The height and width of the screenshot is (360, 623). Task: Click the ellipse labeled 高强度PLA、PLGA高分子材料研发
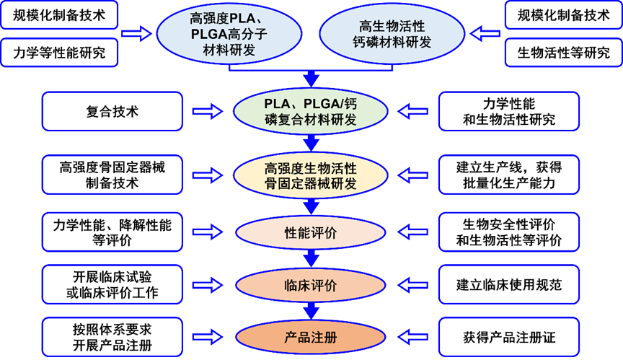point(229,34)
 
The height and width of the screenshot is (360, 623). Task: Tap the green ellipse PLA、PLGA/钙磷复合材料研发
point(311,112)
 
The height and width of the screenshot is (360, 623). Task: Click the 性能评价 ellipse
point(311,233)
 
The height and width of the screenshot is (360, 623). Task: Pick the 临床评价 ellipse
point(311,285)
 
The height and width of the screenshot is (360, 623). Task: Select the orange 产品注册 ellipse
point(311,335)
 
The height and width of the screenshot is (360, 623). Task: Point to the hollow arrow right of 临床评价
point(414,285)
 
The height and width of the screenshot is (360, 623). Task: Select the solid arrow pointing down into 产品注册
point(311,311)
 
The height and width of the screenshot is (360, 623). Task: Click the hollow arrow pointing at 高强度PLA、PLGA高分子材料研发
point(136,33)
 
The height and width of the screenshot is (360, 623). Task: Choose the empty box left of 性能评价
point(113,233)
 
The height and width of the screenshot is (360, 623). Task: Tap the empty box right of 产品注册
point(509,335)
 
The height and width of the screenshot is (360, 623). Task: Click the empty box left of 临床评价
point(113,285)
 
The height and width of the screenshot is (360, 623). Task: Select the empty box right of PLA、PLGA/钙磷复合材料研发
point(509,112)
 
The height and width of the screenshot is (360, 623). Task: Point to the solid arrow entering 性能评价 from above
point(311,206)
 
